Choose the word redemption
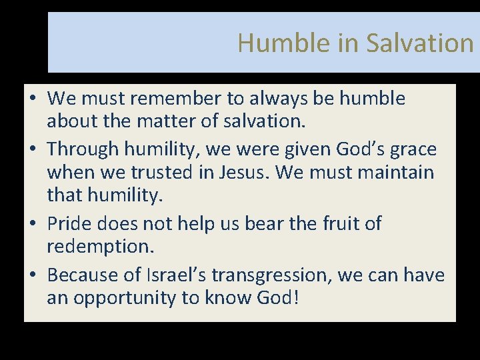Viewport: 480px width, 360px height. tap(100, 247)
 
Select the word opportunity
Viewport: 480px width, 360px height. tap(125, 297)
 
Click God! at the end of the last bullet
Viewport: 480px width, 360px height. tap(278, 297)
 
